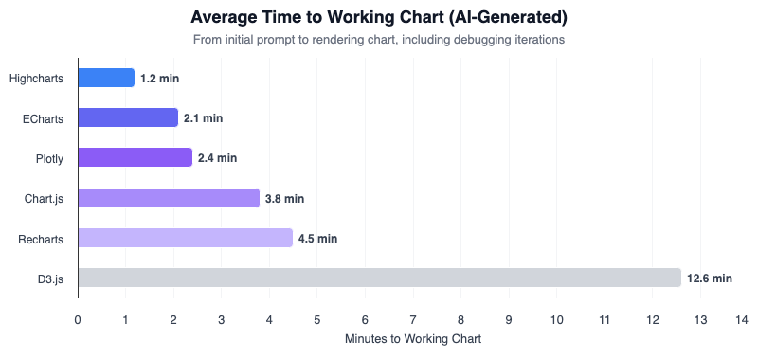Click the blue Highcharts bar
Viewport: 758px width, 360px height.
[106, 78]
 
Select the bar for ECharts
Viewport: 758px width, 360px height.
[128, 117]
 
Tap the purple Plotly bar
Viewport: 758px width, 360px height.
[135, 157]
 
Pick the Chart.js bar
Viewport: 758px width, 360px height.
[169, 198]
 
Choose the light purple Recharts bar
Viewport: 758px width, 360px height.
[185, 238]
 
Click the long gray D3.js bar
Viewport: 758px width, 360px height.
[379, 278]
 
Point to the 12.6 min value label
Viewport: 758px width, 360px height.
[710, 279]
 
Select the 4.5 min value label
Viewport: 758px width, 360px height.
[317, 239]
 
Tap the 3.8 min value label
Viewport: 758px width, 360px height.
[284, 199]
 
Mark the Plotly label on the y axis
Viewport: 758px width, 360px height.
[47, 158]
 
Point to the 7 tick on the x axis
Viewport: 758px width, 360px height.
[413, 319]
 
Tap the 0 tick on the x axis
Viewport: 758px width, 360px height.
[78, 319]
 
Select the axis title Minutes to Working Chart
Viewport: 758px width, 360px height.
[413, 339]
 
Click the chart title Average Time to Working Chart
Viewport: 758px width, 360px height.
[378, 17]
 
